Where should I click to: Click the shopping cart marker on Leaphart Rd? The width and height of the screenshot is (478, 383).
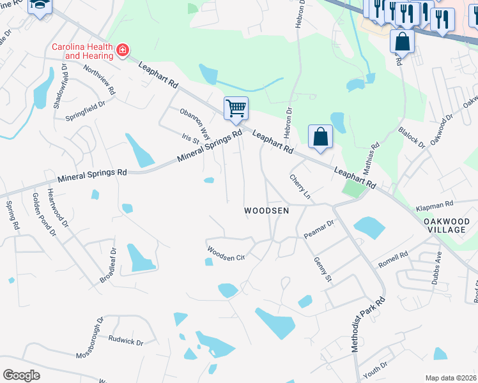[x=236, y=109]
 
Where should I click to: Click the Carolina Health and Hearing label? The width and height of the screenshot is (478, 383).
[x=82, y=51]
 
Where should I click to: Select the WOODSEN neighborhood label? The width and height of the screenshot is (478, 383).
[x=267, y=210]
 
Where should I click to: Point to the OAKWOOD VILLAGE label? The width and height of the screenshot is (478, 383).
[x=447, y=227]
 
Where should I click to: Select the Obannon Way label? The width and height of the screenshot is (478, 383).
[x=195, y=124]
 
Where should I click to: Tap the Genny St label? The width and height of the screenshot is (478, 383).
[x=323, y=270]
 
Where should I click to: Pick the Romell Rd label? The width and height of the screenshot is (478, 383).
[x=392, y=260]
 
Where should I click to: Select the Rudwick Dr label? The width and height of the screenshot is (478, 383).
[x=126, y=341]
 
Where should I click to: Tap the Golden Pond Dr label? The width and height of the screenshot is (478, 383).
[x=44, y=216]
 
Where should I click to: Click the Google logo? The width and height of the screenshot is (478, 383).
[x=21, y=375]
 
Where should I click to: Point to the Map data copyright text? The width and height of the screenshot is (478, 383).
[x=451, y=378]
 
